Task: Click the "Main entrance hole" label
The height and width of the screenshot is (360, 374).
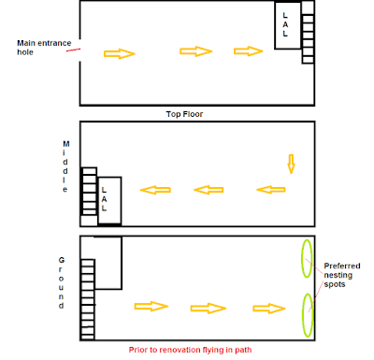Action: coord(44,48)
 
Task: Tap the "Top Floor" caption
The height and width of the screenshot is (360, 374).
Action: coord(184,114)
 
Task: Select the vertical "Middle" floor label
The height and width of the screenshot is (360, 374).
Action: coord(65,166)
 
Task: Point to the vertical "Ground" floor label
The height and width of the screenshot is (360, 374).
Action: coord(62,282)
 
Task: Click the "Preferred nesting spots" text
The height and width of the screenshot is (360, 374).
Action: coord(342,275)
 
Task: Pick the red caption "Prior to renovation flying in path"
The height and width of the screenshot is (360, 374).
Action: coord(190,350)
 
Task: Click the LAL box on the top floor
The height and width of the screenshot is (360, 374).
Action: coord(288,25)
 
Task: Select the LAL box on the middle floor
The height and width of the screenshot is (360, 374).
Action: coord(109,200)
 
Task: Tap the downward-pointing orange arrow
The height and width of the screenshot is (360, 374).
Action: coord(291,164)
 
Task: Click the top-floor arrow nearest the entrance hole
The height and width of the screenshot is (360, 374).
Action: coord(120,53)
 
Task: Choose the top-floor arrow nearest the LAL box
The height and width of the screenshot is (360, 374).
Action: coord(249,51)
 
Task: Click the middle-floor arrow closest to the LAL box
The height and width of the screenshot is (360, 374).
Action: coord(155,190)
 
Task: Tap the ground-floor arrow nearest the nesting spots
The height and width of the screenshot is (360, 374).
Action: coord(269,309)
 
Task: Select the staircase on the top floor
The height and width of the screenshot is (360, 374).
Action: coord(308,33)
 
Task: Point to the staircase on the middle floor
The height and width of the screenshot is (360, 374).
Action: coord(89,192)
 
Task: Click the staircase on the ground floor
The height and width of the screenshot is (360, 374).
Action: coord(88,299)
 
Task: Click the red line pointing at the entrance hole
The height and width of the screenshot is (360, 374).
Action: coord(73,50)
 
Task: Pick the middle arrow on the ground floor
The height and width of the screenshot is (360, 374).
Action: coord(209,309)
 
